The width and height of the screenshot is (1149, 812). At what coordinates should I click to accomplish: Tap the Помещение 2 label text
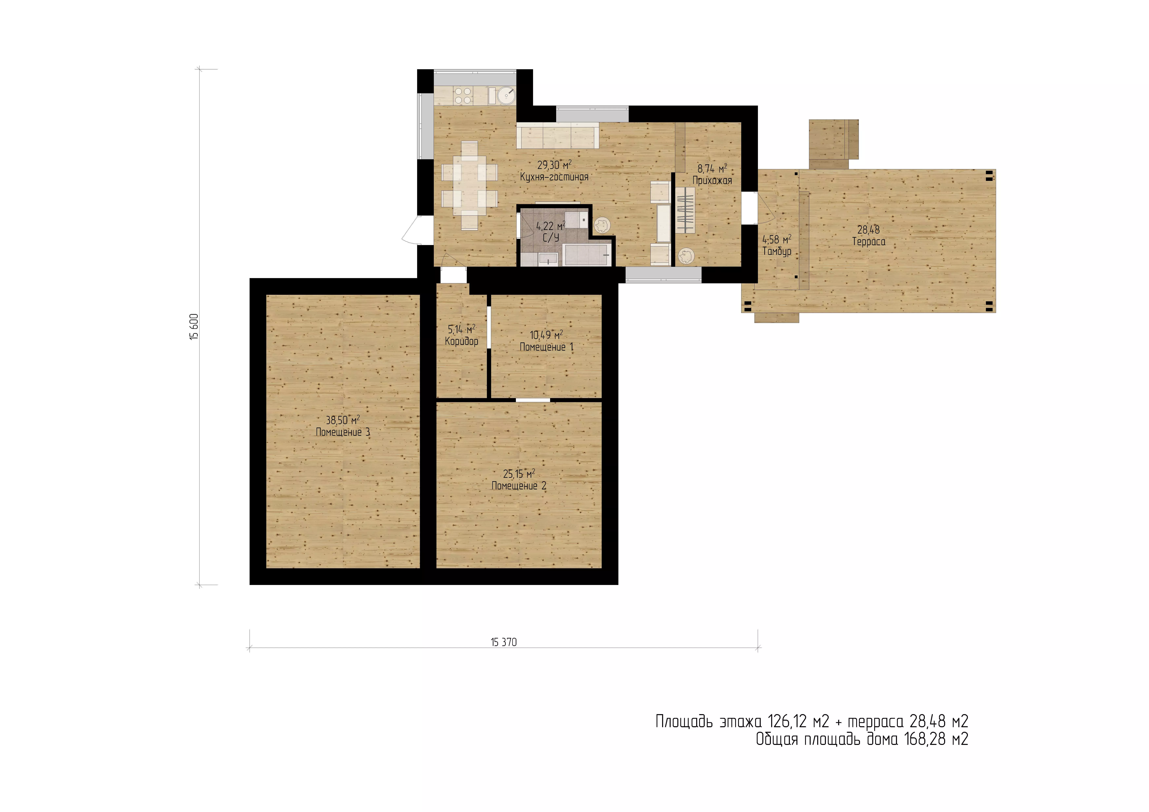point(519,486)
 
